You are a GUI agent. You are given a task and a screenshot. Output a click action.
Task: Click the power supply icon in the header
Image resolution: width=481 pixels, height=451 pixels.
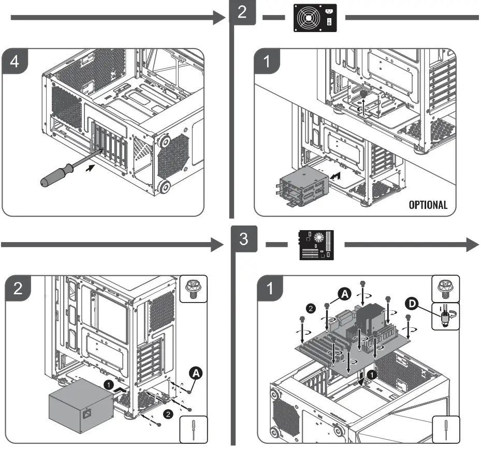point(315,18)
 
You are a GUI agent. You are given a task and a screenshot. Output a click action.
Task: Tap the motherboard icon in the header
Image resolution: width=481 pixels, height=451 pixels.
point(316,245)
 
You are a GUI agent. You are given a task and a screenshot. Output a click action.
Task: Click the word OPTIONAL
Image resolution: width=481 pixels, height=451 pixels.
point(428,205)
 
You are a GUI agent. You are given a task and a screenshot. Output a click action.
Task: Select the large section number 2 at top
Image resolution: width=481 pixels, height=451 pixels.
point(242,12)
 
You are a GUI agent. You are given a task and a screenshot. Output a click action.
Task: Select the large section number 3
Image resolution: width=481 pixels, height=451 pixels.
point(243,238)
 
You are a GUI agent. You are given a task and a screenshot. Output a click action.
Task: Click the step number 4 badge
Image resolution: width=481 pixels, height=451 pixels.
point(14,61)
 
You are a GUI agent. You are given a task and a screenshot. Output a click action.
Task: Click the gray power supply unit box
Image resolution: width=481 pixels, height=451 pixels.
point(81,405)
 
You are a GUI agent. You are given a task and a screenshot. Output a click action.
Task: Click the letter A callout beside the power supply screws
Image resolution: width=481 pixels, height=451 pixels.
point(196,373)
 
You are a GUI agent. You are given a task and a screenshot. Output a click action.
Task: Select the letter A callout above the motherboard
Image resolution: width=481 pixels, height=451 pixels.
point(344,294)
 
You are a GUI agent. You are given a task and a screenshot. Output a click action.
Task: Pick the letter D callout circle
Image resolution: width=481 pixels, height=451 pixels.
point(412,304)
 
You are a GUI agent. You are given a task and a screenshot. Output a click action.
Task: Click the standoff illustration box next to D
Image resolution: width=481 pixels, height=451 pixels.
point(445,317)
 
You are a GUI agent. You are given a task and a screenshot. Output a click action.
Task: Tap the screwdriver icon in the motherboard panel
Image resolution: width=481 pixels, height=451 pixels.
point(446,429)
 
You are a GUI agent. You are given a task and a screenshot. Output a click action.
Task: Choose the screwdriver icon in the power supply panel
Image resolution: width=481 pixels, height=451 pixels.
point(193,429)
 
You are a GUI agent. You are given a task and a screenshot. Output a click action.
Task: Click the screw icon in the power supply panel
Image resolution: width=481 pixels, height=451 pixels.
point(193,289)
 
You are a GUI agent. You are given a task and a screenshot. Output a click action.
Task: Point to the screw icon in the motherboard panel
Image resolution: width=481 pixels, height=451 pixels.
point(445,289)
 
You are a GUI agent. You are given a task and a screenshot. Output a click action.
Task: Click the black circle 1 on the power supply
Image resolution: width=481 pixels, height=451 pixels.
point(109,385)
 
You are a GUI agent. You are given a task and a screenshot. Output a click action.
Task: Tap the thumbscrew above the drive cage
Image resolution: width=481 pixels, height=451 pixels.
point(363,93)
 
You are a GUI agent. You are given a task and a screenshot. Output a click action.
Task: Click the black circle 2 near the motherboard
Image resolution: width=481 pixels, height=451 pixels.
point(311,308)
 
